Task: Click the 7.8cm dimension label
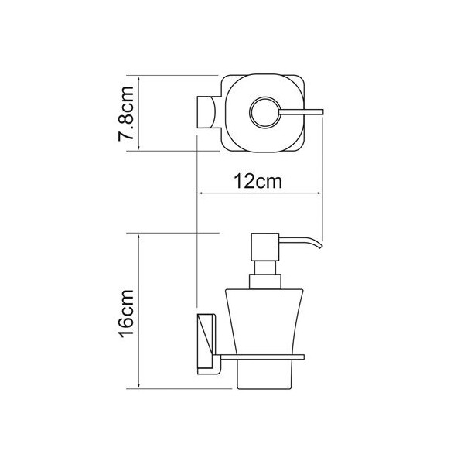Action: pyautogui.click(x=126, y=114)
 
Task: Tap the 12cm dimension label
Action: pyautogui.click(x=258, y=182)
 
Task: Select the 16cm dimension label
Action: pyautogui.click(x=126, y=314)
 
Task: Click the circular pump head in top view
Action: pyautogui.click(x=264, y=112)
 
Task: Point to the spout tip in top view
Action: pyautogui.click(x=322, y=112)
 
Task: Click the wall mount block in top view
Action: pyautogui.click(x=206, y=112)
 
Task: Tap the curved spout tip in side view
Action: pyautogui.click(x=319, y=245)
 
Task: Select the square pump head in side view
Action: pyautogui.click(x=264, y=247)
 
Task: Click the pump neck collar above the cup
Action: pyautogui.click(x=264, y=281)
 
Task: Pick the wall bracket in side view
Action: pyautogui.click(x=206, y=344)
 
